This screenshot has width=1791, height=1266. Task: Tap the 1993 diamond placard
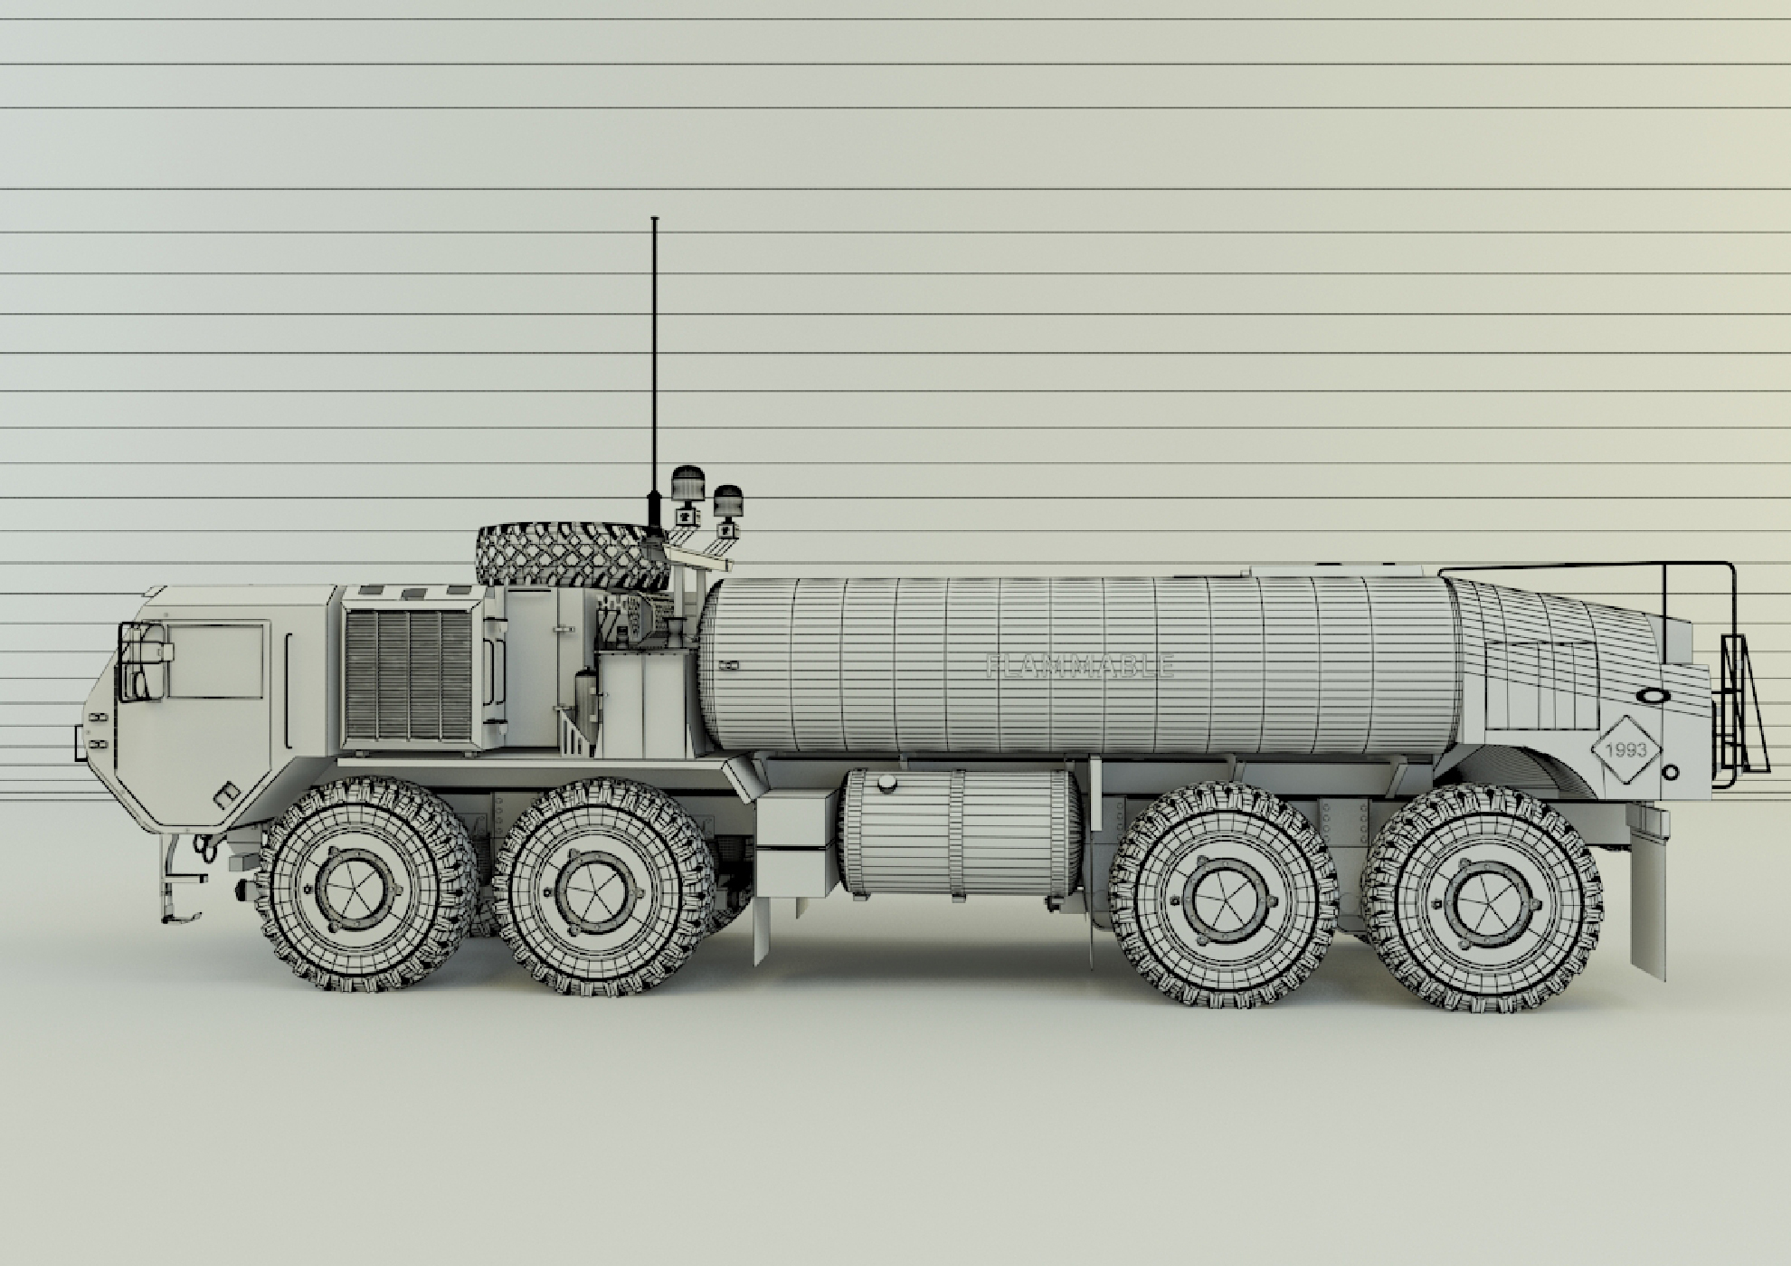coord(1625,750)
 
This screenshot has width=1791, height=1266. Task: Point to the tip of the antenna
coord(654,219)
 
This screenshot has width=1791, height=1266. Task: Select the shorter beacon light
coord(727,500)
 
